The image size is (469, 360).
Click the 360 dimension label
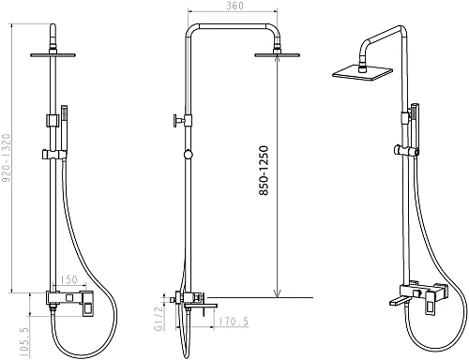pos(234,6)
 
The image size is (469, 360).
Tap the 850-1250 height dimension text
pos(264,171)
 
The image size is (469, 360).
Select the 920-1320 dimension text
pos(7,157)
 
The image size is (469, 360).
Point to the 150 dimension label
pos(68,279)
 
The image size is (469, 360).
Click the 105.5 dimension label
pos(24,341)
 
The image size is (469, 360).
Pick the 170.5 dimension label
pos(233,322)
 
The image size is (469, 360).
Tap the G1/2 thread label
pos(159,318)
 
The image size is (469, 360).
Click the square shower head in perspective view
pos(362,72)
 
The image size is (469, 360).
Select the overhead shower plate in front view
pos(53,55)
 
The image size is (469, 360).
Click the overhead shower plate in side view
pos(278,55)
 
